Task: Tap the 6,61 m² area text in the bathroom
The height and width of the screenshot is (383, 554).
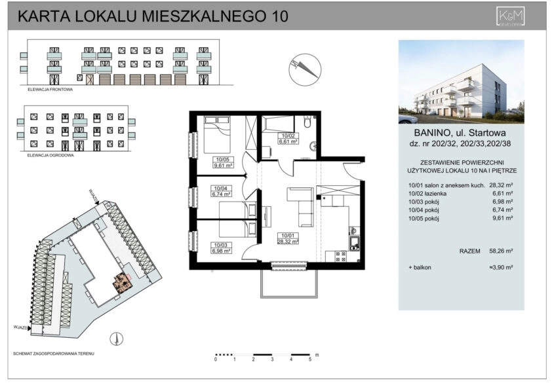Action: coord(271,141)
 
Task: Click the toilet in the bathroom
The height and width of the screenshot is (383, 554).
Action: coord(307,123)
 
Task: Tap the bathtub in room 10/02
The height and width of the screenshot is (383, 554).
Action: coord(279,124)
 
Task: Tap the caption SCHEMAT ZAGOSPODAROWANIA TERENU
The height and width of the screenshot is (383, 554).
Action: coord(54,353)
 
